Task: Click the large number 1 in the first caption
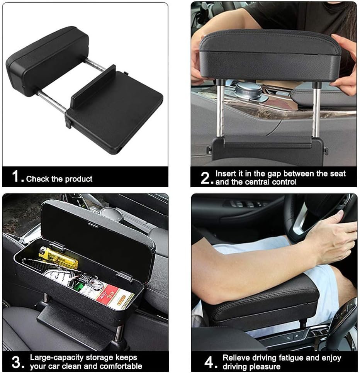(15, 176)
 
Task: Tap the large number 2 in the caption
(205, 178)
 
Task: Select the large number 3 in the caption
(16, 362)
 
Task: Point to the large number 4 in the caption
(209, 362)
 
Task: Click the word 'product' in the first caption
(79, 179)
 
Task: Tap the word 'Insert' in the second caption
(226, 174)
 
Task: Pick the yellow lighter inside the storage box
(59, 258)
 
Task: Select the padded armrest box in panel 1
(48, 61)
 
